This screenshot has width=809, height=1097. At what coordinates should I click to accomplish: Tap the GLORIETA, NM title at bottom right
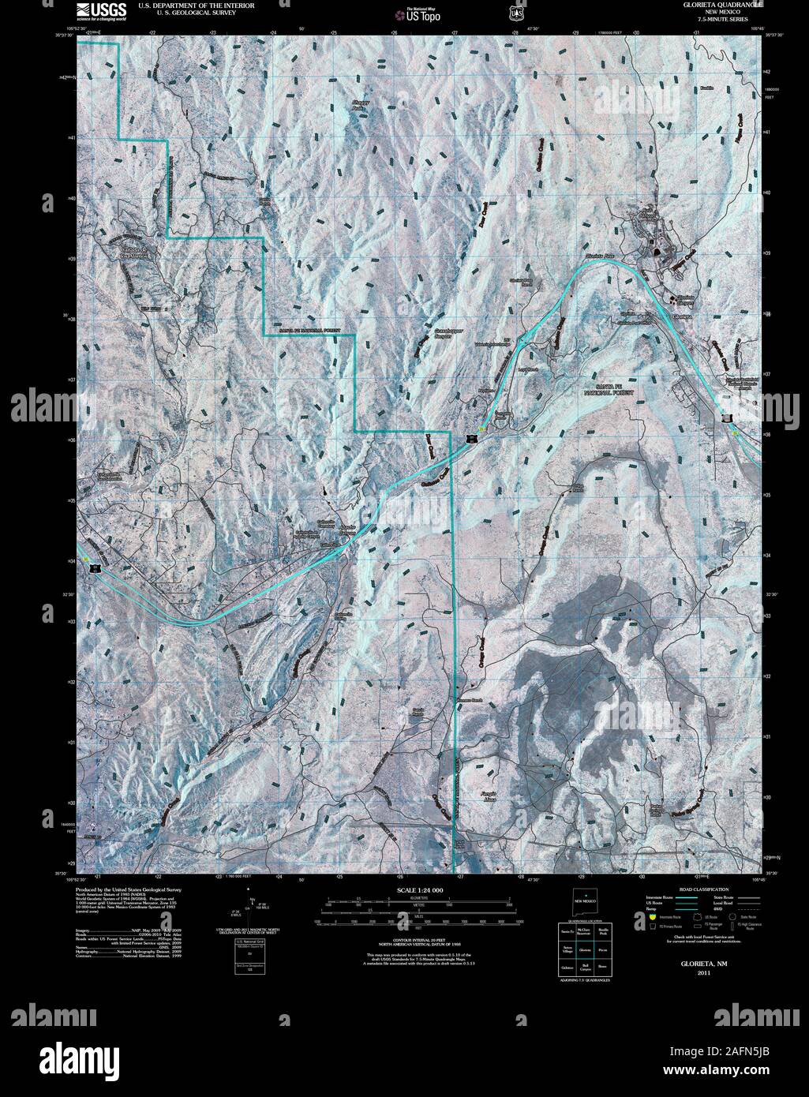684,964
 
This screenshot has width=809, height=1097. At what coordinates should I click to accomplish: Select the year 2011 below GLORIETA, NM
684,973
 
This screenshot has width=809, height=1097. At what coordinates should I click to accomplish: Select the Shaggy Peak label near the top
362,106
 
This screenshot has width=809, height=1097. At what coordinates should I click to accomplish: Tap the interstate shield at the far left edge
94,568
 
